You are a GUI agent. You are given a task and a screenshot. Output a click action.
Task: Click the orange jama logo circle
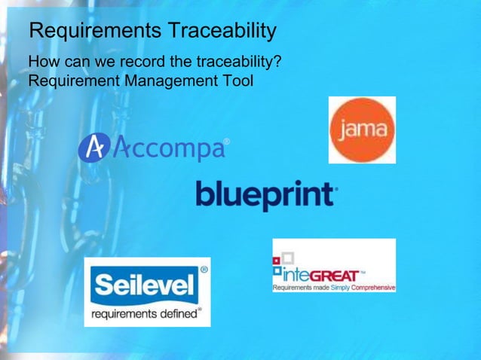362,130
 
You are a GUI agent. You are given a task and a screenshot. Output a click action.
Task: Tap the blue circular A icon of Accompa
94,147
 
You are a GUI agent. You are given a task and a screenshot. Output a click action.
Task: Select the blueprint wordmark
265,194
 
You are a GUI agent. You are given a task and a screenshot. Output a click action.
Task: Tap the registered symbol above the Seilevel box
204,268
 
